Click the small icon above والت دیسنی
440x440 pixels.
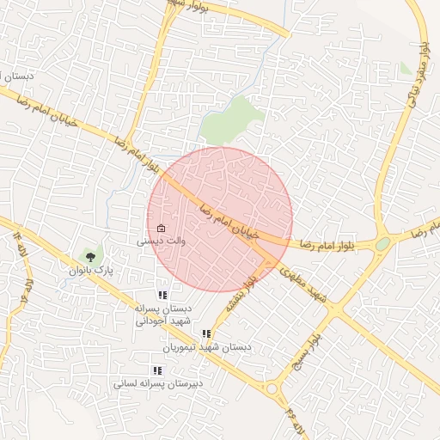click(161, 229)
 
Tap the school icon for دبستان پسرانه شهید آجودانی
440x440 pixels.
click(162, 295)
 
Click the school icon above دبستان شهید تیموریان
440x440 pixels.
click(206, 333)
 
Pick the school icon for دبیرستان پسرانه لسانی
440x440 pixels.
click(156, 370)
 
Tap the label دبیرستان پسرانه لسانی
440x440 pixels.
click(158, 384)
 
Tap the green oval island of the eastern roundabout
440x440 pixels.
click(382, 244)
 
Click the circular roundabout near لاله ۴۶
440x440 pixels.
click(273, 389)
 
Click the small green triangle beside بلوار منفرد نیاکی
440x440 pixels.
click(406, 69)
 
